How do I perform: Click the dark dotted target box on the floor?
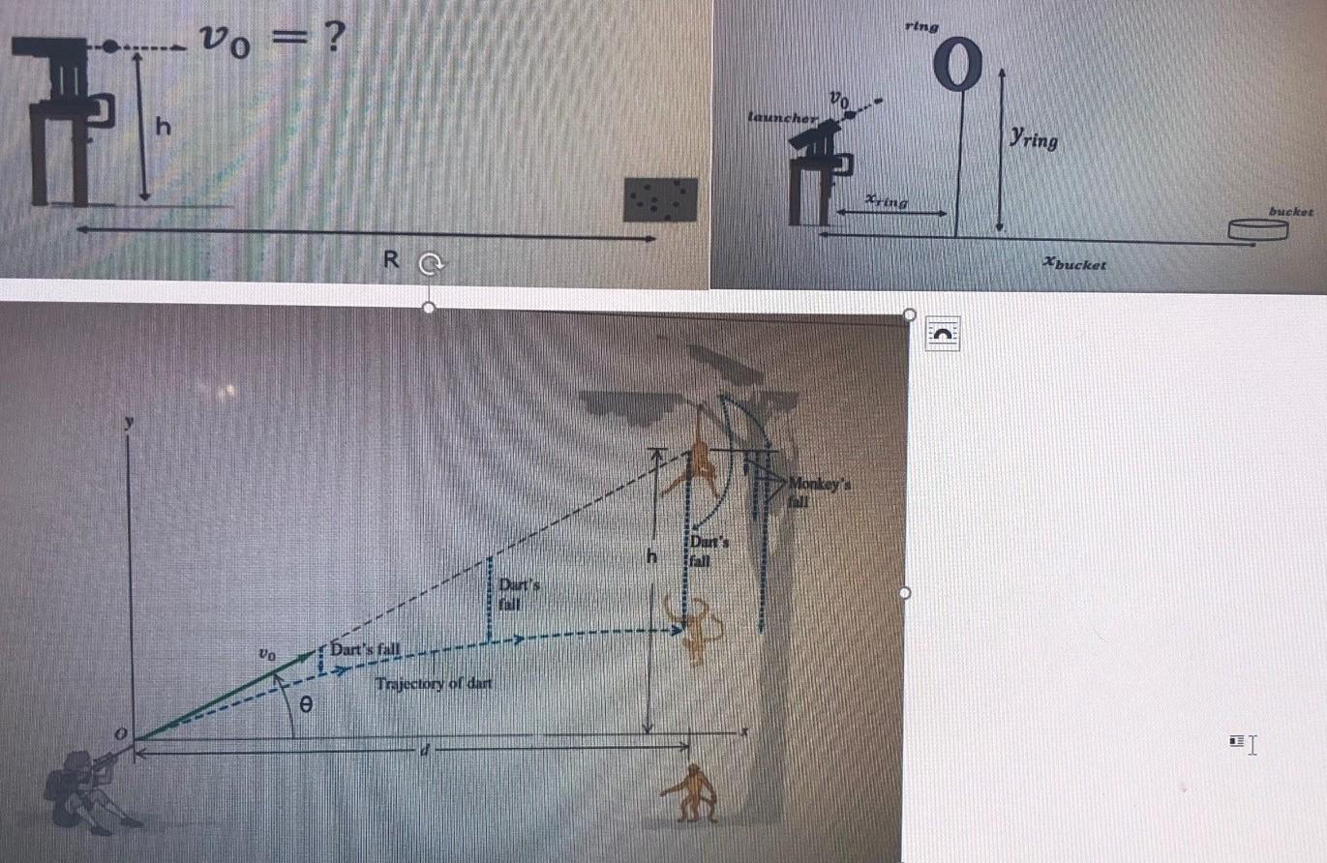click(x=660, y=199)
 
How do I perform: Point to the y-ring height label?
click(x=1033, y=139)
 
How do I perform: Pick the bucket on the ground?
click(x=1258, y=229)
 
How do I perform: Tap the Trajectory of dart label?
click(x=434, y=684)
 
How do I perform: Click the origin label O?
click(x=122, y=737)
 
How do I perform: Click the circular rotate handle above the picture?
click(x=429, y=262)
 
